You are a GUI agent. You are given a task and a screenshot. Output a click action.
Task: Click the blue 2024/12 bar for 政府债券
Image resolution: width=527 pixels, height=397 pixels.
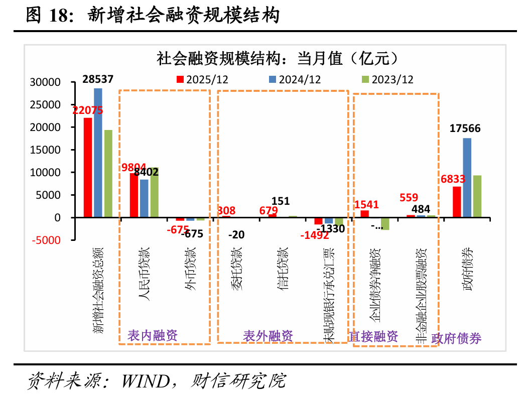pos(467,178)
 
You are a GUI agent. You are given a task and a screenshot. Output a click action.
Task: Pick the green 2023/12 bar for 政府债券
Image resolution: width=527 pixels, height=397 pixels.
pos(477,196)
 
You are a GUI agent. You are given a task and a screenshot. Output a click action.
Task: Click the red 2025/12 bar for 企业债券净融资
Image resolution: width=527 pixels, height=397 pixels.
pos(365,214)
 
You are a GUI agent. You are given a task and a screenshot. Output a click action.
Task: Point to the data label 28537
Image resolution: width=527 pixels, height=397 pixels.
pos(98,79)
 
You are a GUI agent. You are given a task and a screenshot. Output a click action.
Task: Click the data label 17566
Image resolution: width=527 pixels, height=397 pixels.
pos(465,128)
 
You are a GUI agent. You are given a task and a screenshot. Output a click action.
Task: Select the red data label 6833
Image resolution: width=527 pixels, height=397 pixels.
pos(453,179)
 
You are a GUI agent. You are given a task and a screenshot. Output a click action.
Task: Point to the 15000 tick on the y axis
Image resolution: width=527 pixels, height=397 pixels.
pos(46,150)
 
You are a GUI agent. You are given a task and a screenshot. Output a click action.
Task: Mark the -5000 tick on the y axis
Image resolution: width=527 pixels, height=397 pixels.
pos(46,240)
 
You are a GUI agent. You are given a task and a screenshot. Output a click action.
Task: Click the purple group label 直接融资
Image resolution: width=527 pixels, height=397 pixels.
pos(373,336)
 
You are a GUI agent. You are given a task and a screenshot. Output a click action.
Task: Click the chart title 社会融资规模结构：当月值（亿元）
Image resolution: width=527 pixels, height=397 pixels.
pos(278,58)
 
